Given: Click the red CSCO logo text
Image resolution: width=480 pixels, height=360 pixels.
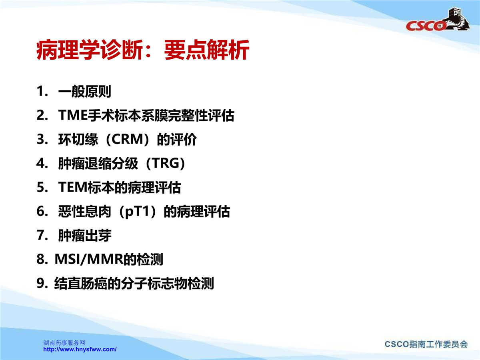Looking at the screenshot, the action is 425,26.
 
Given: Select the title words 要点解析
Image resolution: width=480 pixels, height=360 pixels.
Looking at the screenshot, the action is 207,50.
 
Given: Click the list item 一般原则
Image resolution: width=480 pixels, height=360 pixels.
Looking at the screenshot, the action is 85,91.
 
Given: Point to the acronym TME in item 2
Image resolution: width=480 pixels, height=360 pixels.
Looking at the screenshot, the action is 73,115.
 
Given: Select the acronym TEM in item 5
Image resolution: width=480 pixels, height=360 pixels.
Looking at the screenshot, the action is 73,187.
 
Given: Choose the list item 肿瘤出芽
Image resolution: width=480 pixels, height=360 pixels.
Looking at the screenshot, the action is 85,236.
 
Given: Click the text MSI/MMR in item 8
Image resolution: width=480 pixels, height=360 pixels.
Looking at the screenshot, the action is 89,260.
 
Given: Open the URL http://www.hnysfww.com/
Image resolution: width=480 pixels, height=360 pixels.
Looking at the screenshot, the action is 80,349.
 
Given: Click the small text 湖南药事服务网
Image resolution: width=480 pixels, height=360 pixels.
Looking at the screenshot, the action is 64,343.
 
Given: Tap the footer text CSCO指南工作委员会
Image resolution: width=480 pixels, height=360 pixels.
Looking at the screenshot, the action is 426,344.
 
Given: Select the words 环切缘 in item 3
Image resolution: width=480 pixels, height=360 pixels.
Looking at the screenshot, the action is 78,139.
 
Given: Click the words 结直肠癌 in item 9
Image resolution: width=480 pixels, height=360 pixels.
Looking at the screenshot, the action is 81,283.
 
